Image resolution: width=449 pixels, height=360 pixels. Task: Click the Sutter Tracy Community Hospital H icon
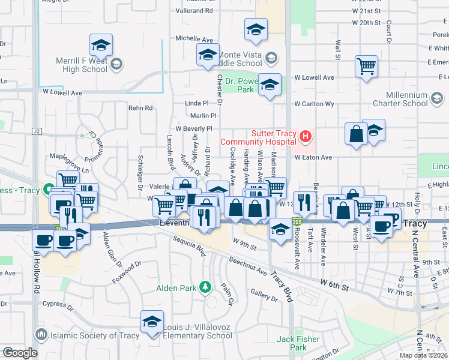coord(306,137)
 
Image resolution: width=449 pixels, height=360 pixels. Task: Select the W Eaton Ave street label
coord(313,157)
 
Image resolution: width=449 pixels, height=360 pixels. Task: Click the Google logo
coord(20,353)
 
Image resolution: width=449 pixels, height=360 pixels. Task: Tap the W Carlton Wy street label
coord(314,103)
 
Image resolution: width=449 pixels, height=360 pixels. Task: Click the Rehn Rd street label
coord(140,108)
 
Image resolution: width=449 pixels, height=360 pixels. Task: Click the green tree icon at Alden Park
coord(206,287)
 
